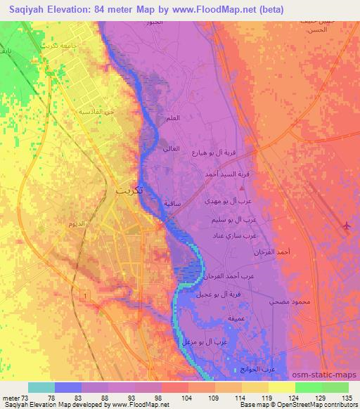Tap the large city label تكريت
pos(131,191)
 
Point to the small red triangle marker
pos(242,188)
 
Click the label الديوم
pos(77,223)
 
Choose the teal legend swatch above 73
pos(41,387)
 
